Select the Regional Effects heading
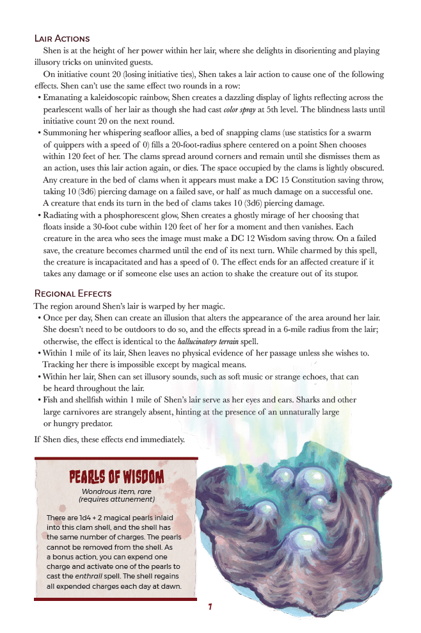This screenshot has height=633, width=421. (72, 293)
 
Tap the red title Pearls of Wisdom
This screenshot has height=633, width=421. (116, 477)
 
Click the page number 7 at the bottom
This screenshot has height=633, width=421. (210, 607)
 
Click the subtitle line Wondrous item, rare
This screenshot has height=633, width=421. (116, 491)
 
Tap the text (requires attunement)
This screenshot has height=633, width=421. (116, 499)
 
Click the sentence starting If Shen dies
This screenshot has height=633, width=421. (109, 440)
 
